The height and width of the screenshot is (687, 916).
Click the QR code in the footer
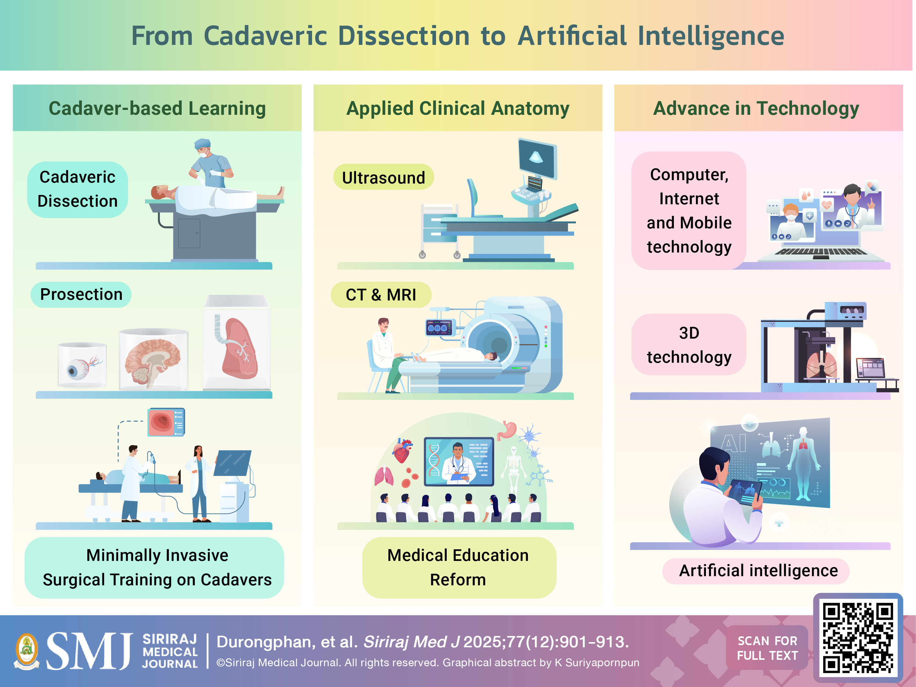point(858,638)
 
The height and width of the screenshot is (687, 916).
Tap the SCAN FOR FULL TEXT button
point(767,648)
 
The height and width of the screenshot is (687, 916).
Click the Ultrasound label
point(383,177)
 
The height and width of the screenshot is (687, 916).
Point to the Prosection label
point(81,294)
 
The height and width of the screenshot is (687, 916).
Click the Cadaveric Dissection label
point(78,189)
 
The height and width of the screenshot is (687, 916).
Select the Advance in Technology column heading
point(756,108)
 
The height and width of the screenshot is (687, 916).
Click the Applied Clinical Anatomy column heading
point(458,108)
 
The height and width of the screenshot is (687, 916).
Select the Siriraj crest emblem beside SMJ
point(27,651)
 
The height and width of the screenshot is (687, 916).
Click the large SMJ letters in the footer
point(89,651)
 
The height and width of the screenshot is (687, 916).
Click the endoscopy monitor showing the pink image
point(166,422)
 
